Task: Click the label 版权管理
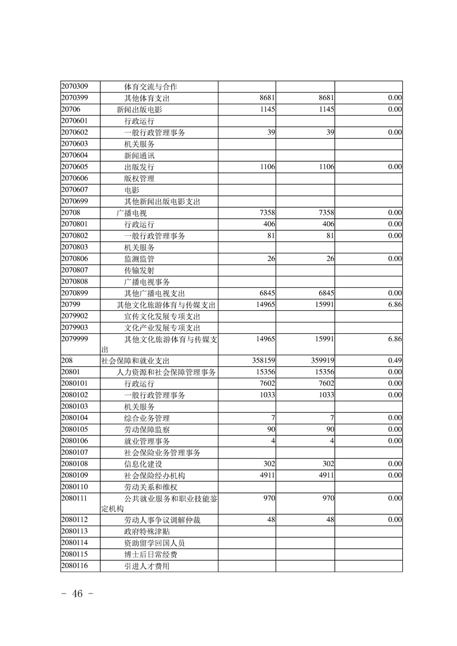[139, 178]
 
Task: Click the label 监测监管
[139, 259]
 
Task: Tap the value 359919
[320, 361]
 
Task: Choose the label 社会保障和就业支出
[135, 361]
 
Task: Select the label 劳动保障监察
[147, 430]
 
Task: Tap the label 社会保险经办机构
[154, 476]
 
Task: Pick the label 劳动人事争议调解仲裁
[163, 520]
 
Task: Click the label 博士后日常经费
[151, 554]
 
